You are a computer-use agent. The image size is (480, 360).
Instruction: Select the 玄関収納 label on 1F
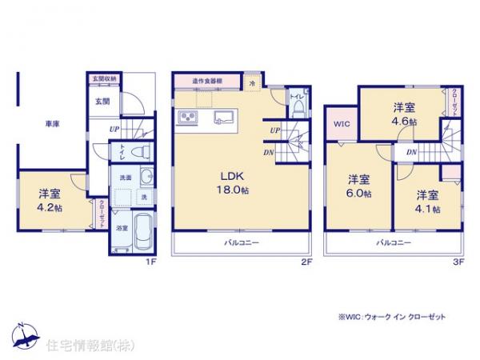[x=104, y=78]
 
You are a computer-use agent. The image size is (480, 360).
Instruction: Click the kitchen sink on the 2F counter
[x=222, y=120]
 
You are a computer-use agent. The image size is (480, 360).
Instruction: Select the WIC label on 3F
[x=342, y=124]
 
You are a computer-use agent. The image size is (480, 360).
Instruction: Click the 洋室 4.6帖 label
[x=402, y=114]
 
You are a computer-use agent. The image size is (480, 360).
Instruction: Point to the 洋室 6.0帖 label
[x=358, y=186]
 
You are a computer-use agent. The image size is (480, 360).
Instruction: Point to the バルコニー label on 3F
[x=394, y=242]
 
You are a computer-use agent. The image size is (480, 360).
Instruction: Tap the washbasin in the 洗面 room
[x=146, y=177]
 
